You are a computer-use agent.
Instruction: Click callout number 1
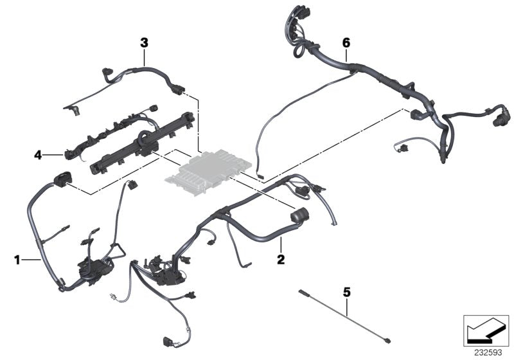(17, 260)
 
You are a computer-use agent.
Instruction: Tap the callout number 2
(281, 260)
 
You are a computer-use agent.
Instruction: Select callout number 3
(144, 42)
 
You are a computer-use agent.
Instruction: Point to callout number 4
(38, 154)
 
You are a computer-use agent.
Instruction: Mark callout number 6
(346, 42)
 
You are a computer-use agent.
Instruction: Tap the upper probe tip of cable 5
(303, 293)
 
